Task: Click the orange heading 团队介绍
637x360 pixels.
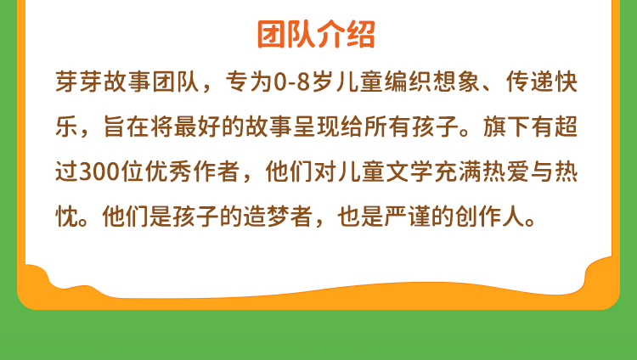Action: point(316,34)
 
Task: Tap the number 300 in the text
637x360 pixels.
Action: point(99,172)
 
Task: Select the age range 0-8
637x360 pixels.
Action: point(292,82)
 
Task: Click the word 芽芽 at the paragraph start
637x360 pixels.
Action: point(79,82)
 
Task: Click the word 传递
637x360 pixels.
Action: point(529,82)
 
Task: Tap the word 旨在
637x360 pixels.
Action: point(127,127)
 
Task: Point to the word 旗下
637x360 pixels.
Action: point(506,127)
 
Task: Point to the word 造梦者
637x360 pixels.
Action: point(279,217)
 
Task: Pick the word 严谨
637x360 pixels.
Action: point(407,217)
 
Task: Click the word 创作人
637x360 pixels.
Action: point(490,217)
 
